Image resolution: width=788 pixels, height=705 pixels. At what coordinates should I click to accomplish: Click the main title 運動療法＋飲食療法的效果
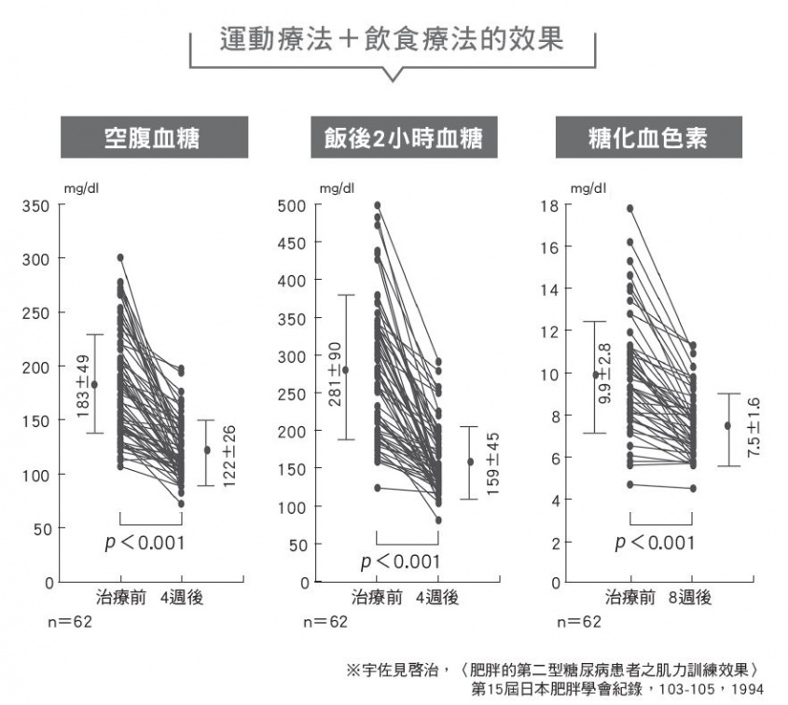point(393,40)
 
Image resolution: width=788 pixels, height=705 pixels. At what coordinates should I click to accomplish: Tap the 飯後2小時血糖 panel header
point(397,138)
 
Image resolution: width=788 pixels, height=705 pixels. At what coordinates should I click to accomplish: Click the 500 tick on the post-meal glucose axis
point(292,205)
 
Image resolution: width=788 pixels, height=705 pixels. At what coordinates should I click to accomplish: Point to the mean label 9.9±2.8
point(605,373)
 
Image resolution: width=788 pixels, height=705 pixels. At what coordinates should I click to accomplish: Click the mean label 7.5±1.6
point(753,426)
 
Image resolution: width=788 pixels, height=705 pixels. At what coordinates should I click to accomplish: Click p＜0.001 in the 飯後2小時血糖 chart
point(400,561)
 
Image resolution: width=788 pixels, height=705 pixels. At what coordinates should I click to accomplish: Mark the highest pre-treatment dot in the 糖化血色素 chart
point(629,209)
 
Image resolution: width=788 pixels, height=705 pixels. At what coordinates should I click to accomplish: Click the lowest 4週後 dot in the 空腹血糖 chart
point(181,504)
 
